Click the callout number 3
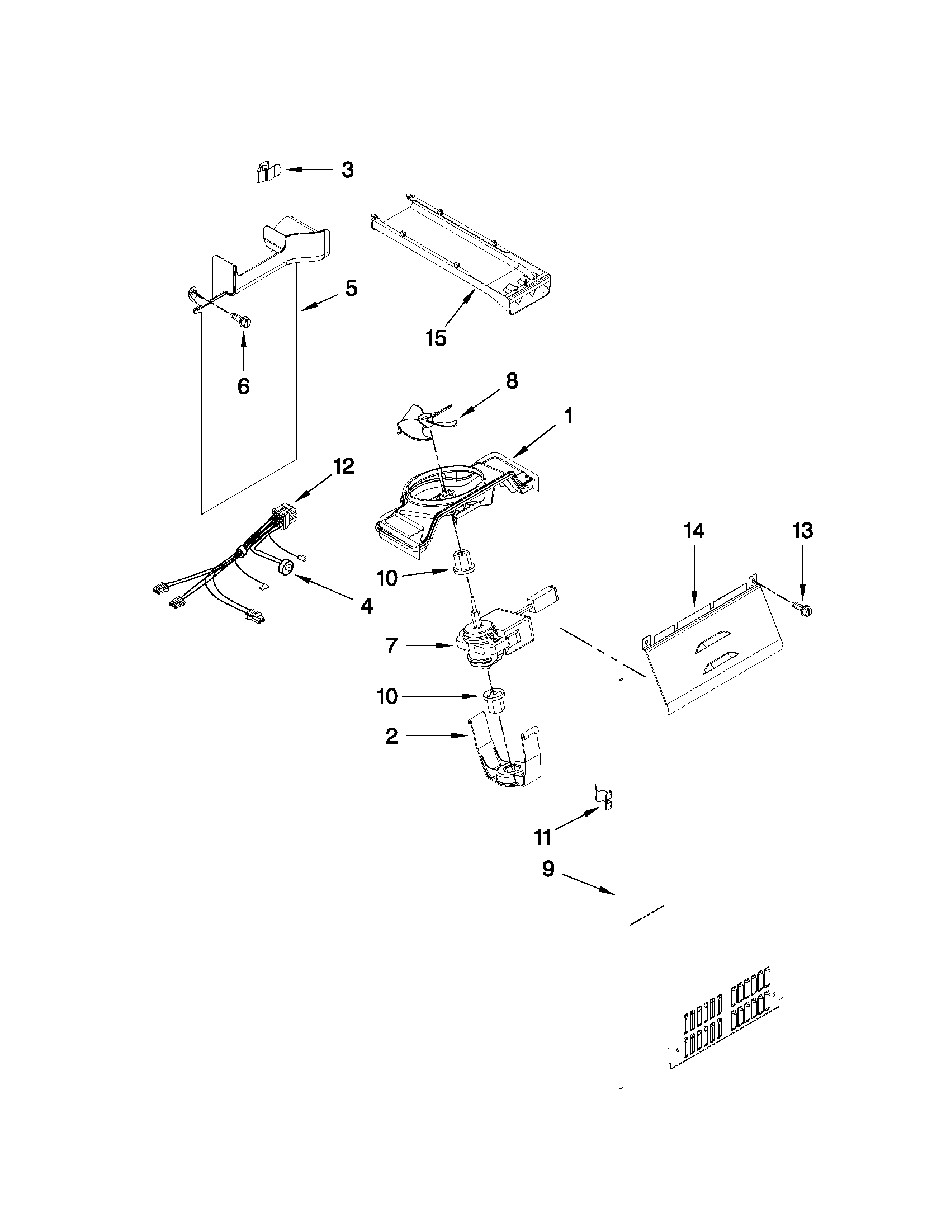(x=348, y=169)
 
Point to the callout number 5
(x=351, y=289)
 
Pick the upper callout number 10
(x=387, y=578)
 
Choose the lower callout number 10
(x=387, y=697)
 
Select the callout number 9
(x=547, y=869)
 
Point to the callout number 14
(x=694, y=531)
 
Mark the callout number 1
(x=568, y=417)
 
